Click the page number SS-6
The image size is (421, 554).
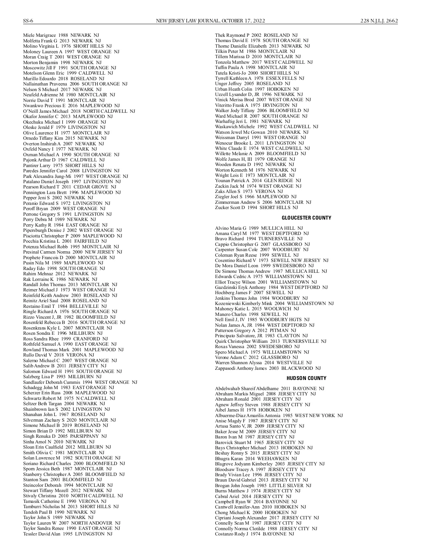pos(28,21)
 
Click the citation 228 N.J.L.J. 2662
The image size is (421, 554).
pos(379,21)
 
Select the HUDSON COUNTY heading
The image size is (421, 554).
pos(306,378)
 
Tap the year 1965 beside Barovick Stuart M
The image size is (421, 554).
pos(259,443)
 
